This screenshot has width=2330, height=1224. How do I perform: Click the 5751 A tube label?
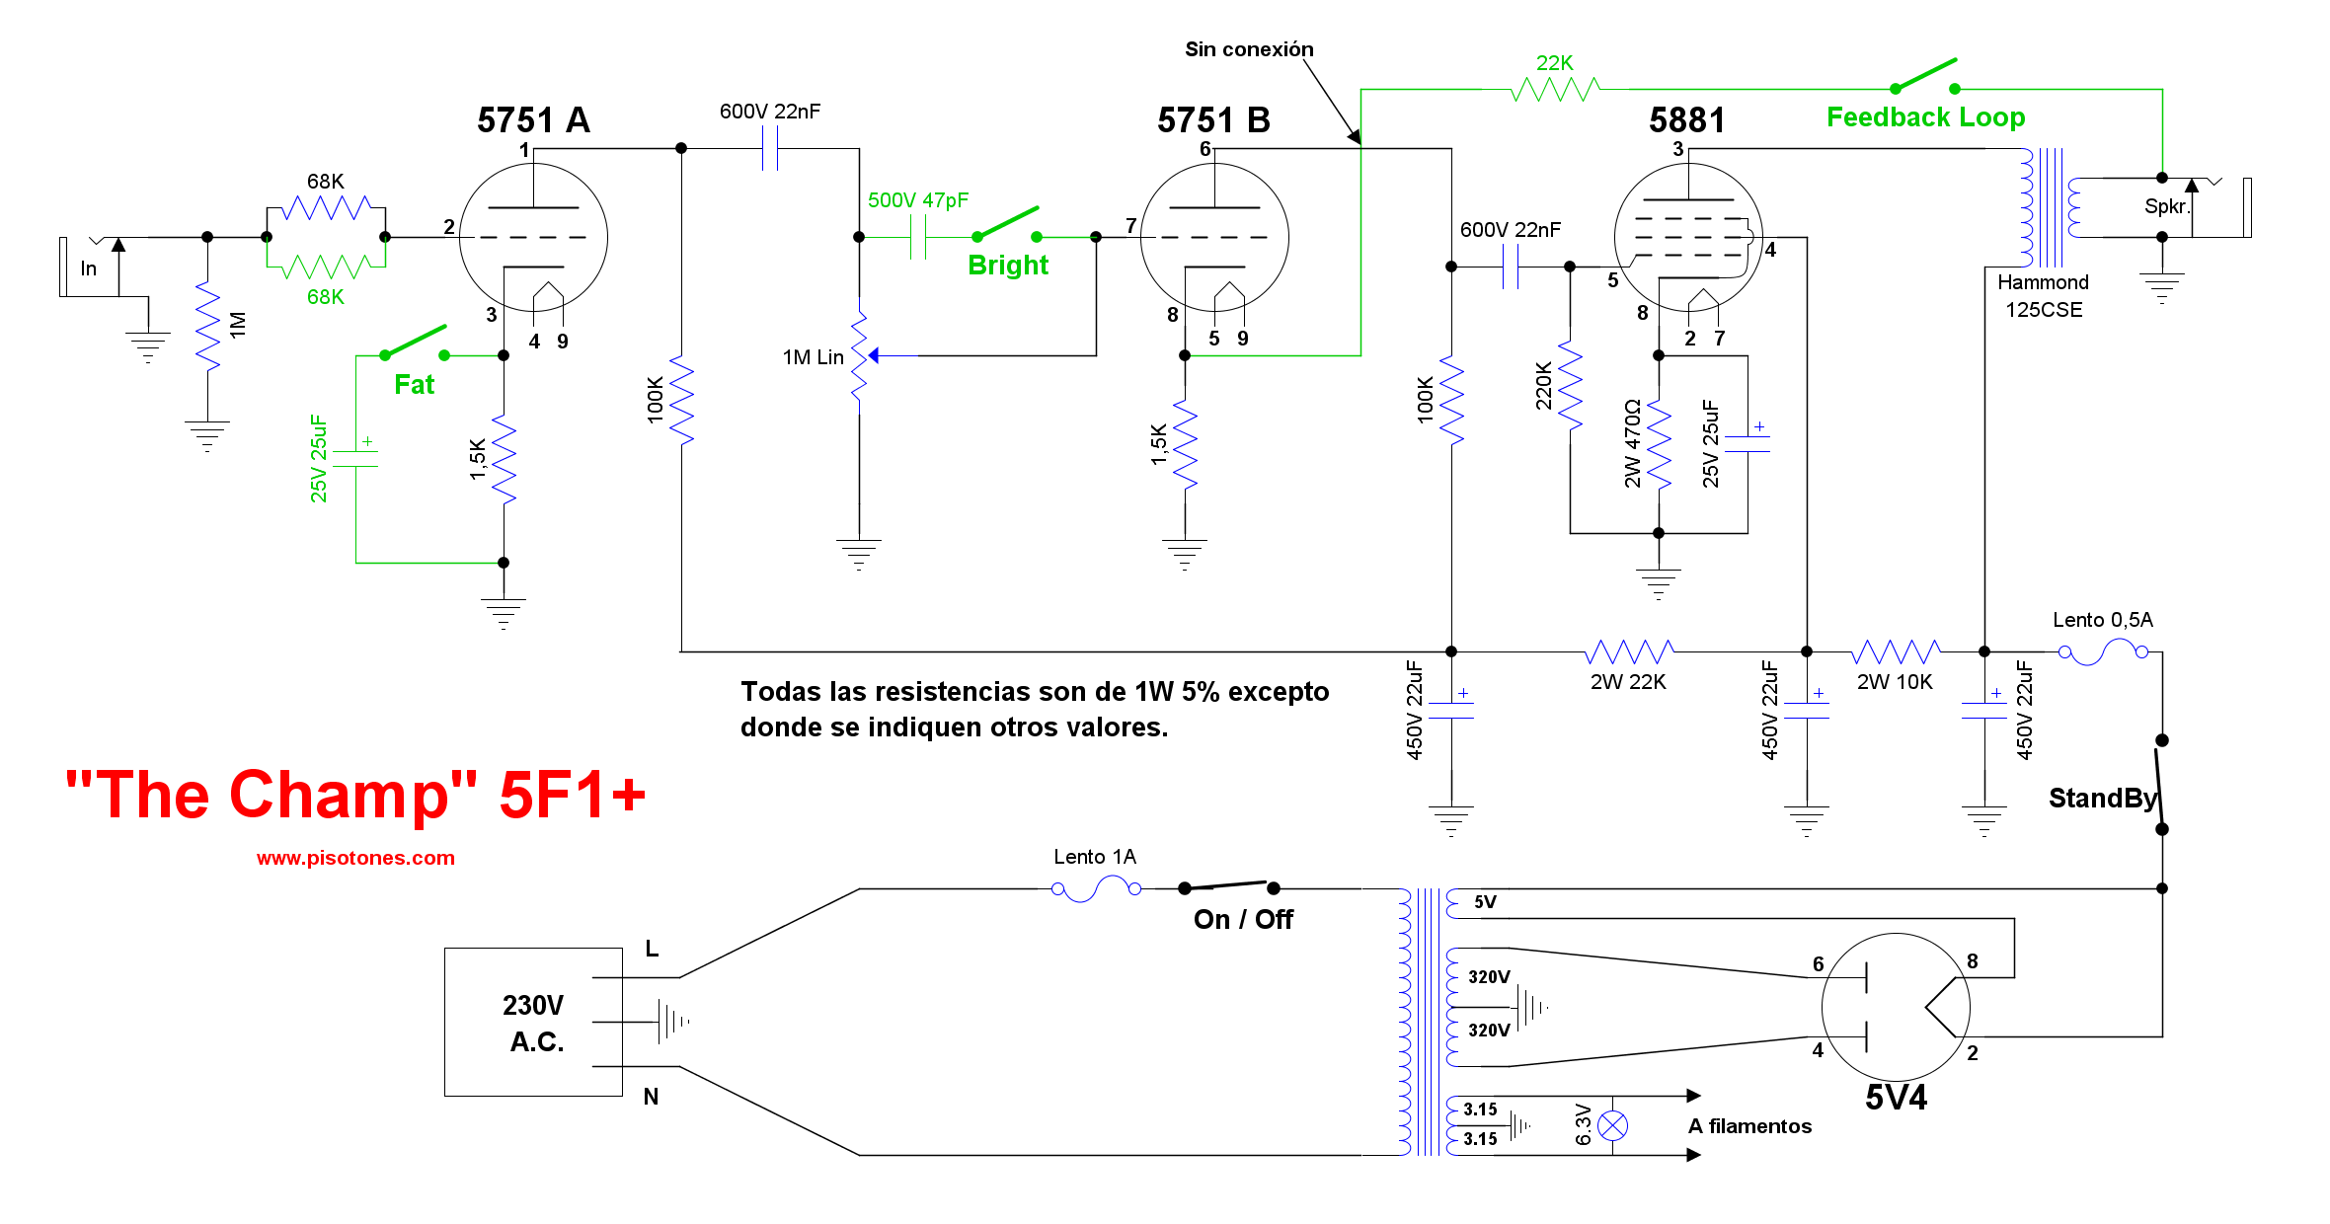click(x=533, y=120)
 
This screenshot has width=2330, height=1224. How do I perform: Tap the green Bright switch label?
click(x=1007, y=265)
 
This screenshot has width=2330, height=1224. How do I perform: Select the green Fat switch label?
click(x=414, y=384)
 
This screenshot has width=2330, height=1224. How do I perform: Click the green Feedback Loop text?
click(x=1925, y=117)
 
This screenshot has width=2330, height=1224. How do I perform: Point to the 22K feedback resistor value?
click(x=1554, y=63)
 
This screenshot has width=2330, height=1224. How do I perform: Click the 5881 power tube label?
click(x=1686, y=120)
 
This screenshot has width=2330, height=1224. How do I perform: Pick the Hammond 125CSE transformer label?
click(x=2043, y=296)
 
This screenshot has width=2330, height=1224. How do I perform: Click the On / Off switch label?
click(x=1243, y=919)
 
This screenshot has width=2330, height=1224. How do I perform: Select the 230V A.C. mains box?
click(x=533, y=1022)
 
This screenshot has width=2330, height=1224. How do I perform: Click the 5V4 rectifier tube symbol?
click(x=1896, y=1007)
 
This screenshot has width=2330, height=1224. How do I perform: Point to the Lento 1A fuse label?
click(x=1094, y=857)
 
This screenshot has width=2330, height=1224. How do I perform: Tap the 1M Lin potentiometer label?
click(x=813, y=357)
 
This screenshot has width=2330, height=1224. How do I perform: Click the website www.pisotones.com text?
click(x=355, y=858)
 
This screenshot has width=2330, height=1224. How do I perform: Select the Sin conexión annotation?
click(x=1249, y=49)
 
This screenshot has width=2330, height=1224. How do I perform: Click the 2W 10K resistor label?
click(x=1895, y=682)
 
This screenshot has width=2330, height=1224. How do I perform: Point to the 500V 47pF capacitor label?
click(x=918, y=200)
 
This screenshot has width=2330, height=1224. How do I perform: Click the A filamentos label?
click(x=1749, y=1126)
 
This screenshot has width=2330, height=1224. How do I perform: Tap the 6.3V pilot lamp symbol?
click(x=1612, y=1125)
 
